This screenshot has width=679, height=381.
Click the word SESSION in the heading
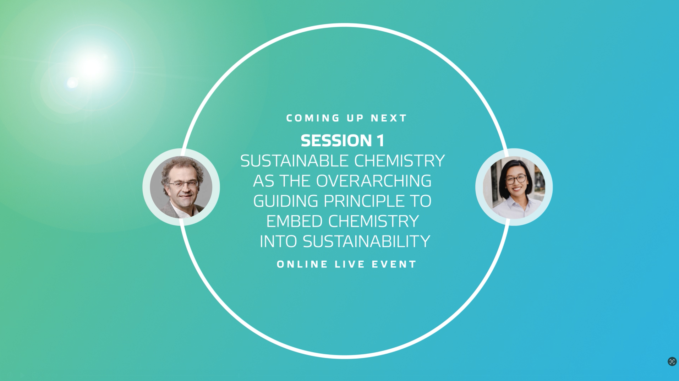(x=331, y=141)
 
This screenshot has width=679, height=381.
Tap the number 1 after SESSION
(x=380, y=141)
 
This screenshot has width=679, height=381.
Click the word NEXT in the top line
(x=389, y=118)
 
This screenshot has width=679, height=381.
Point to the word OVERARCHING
(x=374, y=181)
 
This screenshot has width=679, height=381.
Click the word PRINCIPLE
(x=364, y=201)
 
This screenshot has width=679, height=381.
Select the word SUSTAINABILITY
(x=366, y=241)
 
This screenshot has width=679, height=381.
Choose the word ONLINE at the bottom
(x=302, y=264)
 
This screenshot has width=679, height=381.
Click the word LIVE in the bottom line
(x=350, y=264)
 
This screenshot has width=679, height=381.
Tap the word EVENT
(x=394, y=264)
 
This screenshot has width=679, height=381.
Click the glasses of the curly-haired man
(x=184, y=184)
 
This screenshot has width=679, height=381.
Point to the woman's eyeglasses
(x=516, y=179)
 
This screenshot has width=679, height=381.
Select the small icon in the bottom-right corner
(x=672, y=361)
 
